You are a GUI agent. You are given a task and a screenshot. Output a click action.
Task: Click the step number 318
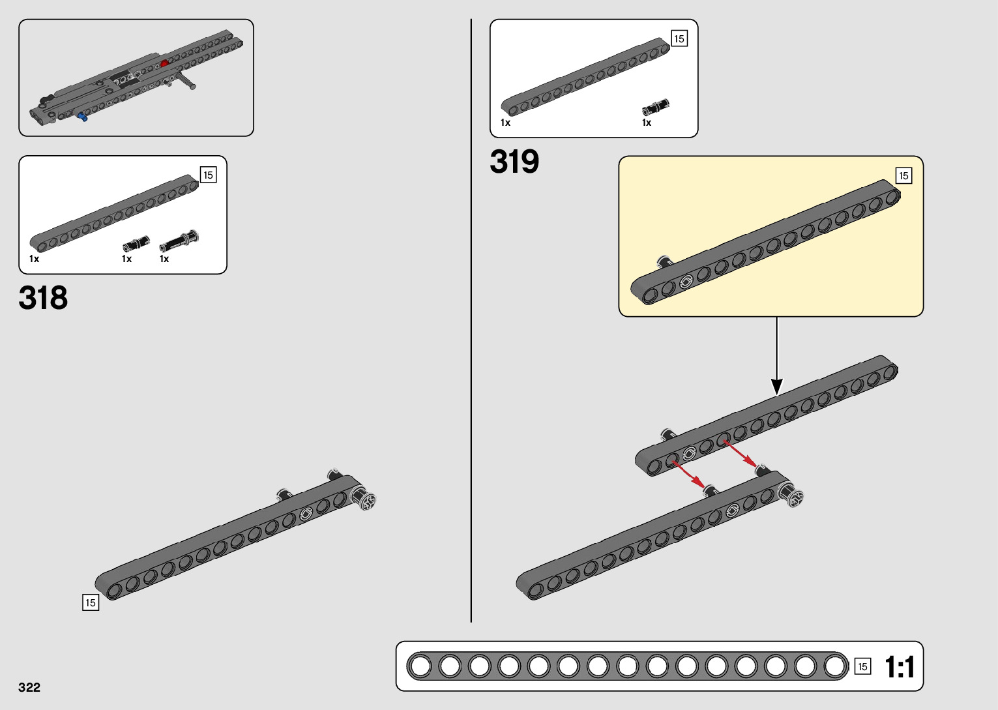(43, 298)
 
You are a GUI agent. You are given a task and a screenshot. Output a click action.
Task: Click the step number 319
(514, 162)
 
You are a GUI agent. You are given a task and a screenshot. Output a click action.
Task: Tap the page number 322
(29, 687)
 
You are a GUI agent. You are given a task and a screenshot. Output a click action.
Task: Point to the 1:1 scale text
(900, 667)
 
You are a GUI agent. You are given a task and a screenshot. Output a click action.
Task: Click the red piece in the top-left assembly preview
(164, 63)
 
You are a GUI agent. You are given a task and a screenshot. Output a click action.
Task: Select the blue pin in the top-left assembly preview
(82, 117)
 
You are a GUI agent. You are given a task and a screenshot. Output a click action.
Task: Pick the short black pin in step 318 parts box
(136, 244)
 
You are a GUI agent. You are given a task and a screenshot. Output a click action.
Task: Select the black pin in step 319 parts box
(655, 108)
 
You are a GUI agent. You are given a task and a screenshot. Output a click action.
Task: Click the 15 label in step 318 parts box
(208, 175)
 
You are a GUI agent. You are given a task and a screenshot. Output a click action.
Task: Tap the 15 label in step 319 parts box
(679, 38)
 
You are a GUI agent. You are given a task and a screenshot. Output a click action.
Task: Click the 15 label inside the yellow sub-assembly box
(903, 175)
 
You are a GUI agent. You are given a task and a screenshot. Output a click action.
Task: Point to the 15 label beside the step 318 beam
(91, 602)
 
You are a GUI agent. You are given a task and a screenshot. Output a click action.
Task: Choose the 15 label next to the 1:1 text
(862, 666)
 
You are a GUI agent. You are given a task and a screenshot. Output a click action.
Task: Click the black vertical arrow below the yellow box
(776, 355)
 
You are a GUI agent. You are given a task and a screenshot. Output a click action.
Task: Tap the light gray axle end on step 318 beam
(366, 499)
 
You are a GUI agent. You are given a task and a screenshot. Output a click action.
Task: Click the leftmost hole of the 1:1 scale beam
(420, 666)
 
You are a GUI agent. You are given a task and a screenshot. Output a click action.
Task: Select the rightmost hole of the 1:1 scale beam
(835, 666)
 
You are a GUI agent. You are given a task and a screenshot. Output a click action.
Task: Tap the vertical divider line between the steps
(471, 326)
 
